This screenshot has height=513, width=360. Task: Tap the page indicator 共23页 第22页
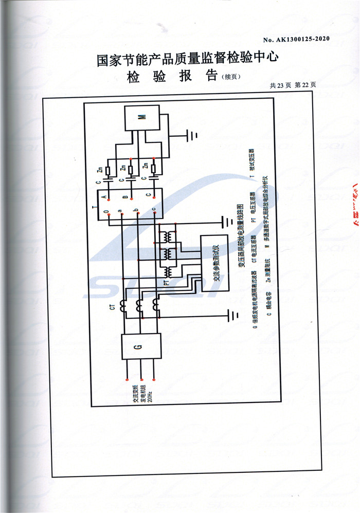(292, 86)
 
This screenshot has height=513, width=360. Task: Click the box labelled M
(142, 118)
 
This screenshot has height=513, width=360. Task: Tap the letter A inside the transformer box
(105, 197)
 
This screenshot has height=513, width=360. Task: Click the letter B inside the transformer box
(125, 197)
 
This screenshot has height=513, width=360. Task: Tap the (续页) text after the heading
(230, 77)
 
